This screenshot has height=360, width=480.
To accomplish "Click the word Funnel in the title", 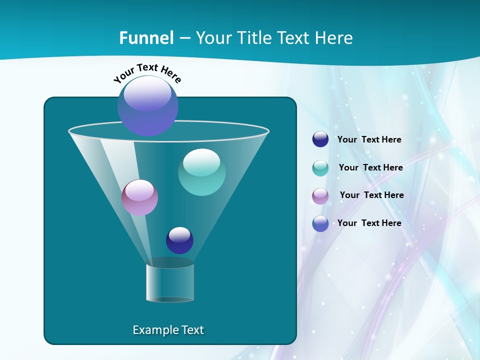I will (x=146, y=37).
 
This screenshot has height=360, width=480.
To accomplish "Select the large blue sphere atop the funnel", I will (x=148, y=106).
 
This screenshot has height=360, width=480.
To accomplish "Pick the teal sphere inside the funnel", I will (x=201, y=172).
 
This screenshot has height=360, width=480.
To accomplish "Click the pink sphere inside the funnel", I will (x=139, y=197).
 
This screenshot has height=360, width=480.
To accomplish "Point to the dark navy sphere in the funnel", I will (x=179, y=240).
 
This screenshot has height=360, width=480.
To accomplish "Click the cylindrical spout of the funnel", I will (x=169, y=282).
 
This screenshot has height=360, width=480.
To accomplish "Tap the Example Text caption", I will (x=168, y=330).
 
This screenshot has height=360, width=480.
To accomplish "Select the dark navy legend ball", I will (x=320, y=139).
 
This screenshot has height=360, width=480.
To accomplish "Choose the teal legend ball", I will (x=320, y=167).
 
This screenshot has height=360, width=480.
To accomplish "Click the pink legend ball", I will (x=320, y=195).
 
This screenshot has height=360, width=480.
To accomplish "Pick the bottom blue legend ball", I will (x=320, y=223).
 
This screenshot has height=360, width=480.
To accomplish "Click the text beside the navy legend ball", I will (x=369, y=139).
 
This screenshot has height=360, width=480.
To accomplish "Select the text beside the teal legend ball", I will (x=370, y=167).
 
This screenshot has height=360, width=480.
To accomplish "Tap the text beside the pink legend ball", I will (x=371, y=195).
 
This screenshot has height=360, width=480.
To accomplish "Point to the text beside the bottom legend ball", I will (x=369, y=223).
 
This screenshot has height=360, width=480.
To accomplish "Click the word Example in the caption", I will (x=154, y=330).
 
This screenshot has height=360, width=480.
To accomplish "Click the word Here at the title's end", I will (x=333, y=37).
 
